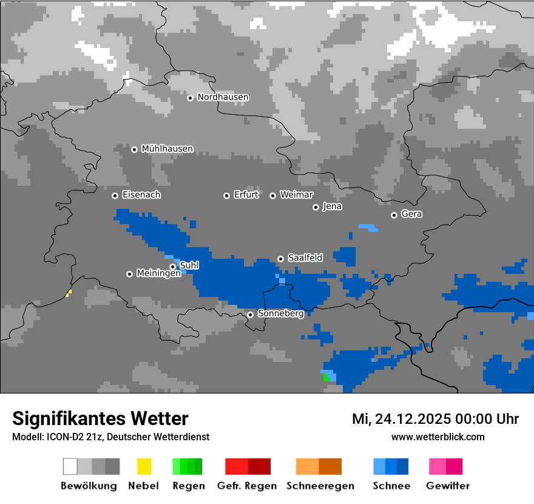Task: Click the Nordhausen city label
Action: coord(223,97)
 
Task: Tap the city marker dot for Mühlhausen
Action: coord(134,149)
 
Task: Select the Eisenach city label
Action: coord(141,195)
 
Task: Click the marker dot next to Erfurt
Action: coord(226,196)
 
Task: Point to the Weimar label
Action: coord(296,195)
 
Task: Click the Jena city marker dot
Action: coord(316,207)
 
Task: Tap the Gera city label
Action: coord(411,214)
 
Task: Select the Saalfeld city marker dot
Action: coord(280,259)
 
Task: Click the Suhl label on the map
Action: coord(189,265)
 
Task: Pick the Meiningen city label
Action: coord(158,274)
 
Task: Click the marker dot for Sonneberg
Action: coord(250,315)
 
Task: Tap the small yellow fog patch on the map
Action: coord(69,294)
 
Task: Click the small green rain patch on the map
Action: coord(326,377)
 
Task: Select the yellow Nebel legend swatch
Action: coord(144,466)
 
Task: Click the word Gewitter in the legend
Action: coord(447,486)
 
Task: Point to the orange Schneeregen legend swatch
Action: coord(307,466)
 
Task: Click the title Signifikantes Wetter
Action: coord(100,419)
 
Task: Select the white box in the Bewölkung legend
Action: coord(70,466)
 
